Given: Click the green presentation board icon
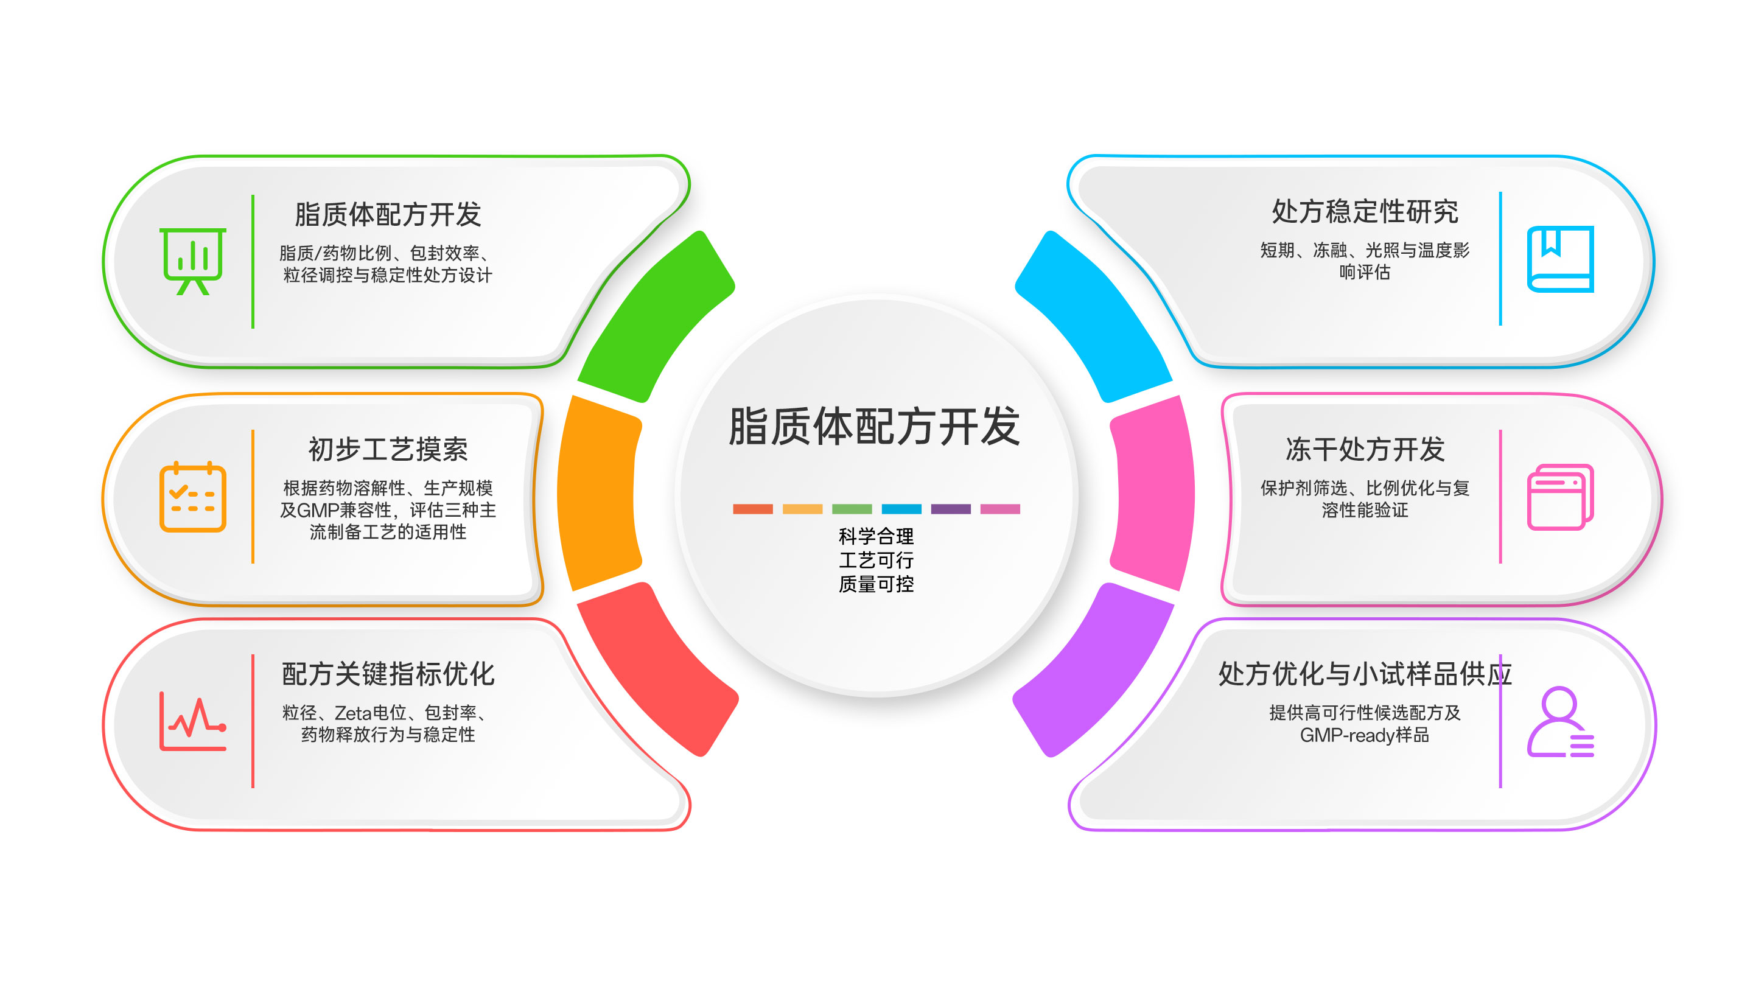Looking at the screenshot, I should point(192,261).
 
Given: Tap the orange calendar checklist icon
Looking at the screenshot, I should point(192,497).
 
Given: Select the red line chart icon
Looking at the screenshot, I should point(192,721).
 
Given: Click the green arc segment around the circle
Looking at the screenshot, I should point(657,316).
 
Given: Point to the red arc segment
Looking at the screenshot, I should point(657,670).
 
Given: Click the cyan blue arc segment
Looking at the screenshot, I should point(1094,316).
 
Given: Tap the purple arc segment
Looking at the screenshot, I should point(1094,670).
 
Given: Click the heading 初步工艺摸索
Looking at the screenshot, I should point(388,449).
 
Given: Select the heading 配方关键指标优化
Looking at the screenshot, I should point(388,674).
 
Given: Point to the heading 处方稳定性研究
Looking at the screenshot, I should point(1365,212).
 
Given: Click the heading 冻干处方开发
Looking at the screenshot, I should point(1365,449).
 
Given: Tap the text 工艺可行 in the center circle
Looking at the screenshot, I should point(876,560).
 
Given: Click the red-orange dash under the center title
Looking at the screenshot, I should point(753,509).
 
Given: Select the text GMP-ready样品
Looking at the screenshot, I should point(1365,735).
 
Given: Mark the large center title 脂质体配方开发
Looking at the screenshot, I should point(875,427).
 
